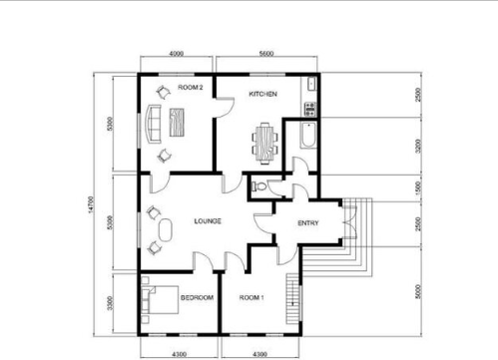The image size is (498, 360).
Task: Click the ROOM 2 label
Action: tap(191, 88)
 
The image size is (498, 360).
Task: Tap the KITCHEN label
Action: tap(262, 94)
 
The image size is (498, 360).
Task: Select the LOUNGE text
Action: tap(208, 221)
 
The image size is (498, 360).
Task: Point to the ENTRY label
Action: tap(308, 223)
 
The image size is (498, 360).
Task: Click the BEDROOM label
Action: tap(197, 297)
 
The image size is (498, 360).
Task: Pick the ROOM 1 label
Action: tap(251, 297)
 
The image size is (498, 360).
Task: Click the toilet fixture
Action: tap(258, 186)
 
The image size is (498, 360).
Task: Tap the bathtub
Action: tap(308, 135)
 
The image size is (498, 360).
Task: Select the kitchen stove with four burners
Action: tap(310, 109)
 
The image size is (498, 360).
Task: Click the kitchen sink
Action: tap(311, 84)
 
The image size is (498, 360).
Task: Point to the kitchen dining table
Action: tap(265, 143)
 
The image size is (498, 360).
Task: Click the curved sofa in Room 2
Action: tap(153, 124)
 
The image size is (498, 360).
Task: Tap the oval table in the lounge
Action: tap(166, 230)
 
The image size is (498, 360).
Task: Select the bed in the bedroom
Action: tap(160, 299)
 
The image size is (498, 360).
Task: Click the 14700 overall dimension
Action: tap(91, 204)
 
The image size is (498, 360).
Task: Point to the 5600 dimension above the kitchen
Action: tap(266, 54)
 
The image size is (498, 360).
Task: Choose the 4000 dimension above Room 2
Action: tap(177, 54)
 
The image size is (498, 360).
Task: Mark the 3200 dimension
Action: tap(418, 147)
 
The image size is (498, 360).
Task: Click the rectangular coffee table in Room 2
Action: tap(177, 123)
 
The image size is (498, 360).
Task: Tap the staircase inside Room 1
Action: tap(292, 298)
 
